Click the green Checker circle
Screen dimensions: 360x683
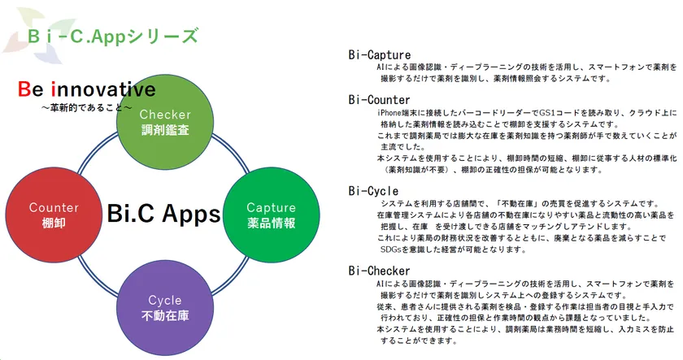pyautogui.click(x=165, y=122)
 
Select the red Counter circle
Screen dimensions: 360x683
pyautogui.click(x=54, y=215)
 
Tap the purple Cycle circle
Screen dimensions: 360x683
pyautogui.click(x=165, y=307)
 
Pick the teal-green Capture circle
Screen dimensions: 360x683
pyautogui.click(x=271, y=215)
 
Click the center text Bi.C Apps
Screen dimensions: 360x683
pyautogui.click(x=163, y=214)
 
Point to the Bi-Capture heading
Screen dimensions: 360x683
pyautogui.click(x=380, y=55)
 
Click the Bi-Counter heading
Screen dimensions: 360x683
pyautogui.click(x=380, y=100)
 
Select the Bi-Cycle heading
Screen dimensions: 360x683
pyautogui.click(x=373, y=191)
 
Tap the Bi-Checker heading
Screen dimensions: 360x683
pyautogui.click(x=380, y=270)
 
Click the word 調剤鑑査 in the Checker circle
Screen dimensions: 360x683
pyautogui.click(x=165, y=130)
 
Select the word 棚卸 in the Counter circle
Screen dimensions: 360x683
pyautogui.click(x=54, y=223)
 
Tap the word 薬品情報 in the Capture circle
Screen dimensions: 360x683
pyautogui.click(x=271, y=223)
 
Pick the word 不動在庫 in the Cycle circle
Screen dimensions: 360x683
pyautogui.click(x=165, y=315)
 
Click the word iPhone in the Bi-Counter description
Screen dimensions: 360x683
pyautogui.click(x=391, y=113)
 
